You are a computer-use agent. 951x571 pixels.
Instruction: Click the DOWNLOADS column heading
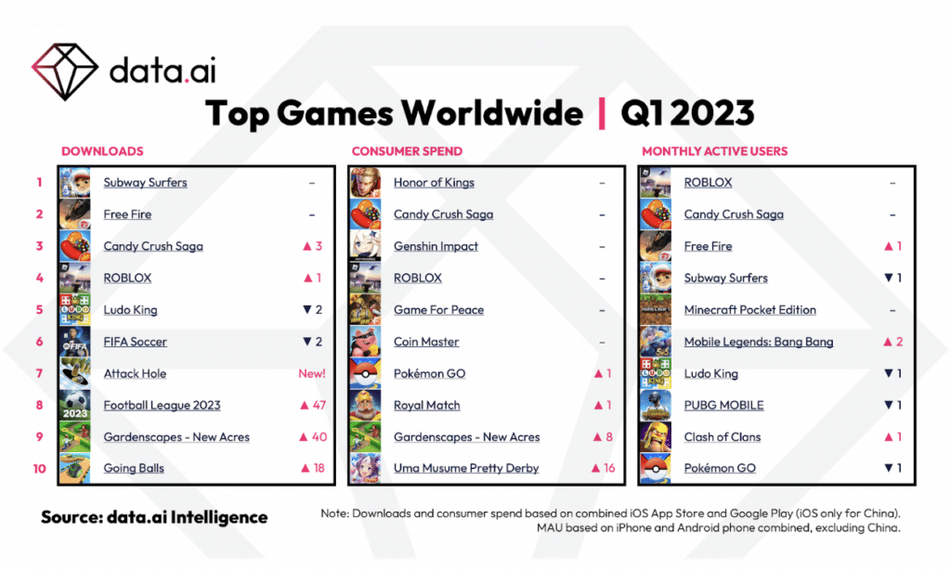coord(102,150)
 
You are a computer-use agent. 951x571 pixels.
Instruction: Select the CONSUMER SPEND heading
coord(407,150)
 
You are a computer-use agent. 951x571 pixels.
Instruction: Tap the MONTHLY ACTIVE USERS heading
coord(715,150)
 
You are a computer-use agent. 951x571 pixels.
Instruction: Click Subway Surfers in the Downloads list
coord(145,183)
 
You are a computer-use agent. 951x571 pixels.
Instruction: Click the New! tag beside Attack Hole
coord(311,373)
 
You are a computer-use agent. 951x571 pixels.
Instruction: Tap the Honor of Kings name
coord(434,183)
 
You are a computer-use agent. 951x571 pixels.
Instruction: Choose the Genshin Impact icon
coord(365,246)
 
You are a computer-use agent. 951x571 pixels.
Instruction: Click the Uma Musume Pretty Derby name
coord(465,469)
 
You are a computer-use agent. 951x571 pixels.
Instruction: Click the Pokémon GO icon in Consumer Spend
coord(365,373)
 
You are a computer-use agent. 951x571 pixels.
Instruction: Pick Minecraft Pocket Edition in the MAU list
coord(749,310)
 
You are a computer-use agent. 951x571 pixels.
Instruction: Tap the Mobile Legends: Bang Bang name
coord(758,342)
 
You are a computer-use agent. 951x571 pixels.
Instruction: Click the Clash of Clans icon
coord(656,437)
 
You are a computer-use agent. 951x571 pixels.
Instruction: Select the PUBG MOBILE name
coord(723,406)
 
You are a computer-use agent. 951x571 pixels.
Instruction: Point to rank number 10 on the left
coord(40,469)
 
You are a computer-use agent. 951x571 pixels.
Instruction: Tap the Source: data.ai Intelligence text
coord(153,517)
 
